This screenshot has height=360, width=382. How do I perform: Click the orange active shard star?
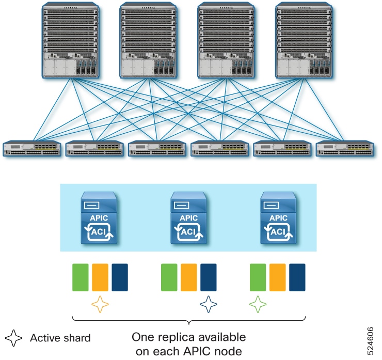pyautogui.click(x=100, y=305)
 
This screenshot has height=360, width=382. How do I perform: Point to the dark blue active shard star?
pyautogui.click(x=208, y=305)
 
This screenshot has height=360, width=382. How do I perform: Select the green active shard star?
pyautogui.click(x=258, y=305)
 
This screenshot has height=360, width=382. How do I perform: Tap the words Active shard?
pyautogui.click(x=60, y=338)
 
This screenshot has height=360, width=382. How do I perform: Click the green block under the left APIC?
pyautogui.click(x=80, y=277)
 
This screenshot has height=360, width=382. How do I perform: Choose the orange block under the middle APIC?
pyautogui.click(x=188, y=277)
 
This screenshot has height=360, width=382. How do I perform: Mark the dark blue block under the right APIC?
pyautogui.click(x=297, y=277)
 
